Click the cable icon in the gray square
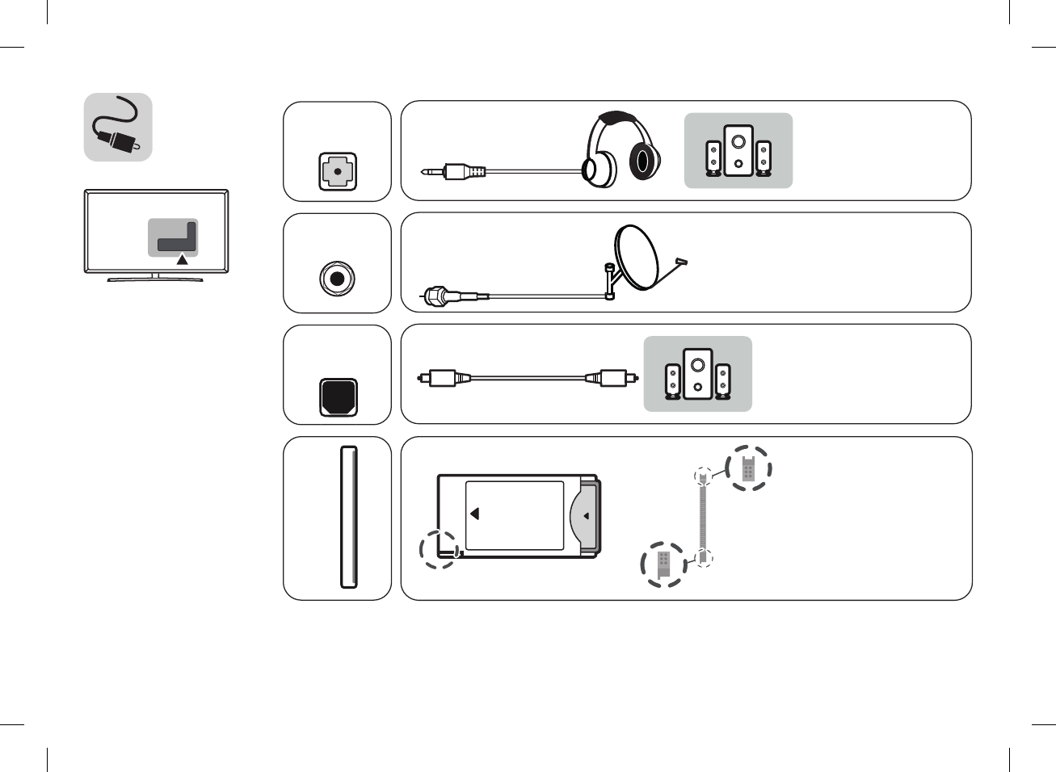click(x=118, y=127)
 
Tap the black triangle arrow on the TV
click(x=183, y=259)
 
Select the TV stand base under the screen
click(x=155, y=279)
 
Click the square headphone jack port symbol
click(x=337, y=172)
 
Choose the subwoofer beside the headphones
click(x=738, y=150)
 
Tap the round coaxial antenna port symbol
click(x=337, y=279)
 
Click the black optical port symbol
click(x=338, y=396)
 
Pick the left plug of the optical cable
click(x=440, y=377)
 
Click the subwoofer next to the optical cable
click(x=697, y=374)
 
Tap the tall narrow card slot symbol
click(x=348, y=517)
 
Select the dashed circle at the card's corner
click(x=440, y=549)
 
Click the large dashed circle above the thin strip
click(x=748, y=468)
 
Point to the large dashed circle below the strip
click(x=663, y=564)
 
